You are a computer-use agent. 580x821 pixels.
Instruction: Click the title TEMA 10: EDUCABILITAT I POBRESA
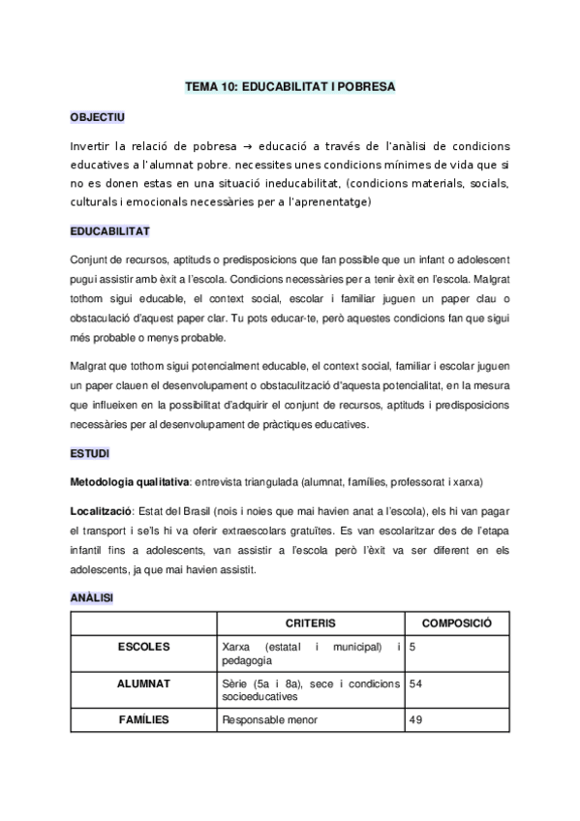point(290,86)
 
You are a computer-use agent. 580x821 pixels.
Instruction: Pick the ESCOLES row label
point(143,646)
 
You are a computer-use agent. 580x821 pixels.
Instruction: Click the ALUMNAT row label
point(143,683)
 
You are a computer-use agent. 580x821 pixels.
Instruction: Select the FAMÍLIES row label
point(143,719)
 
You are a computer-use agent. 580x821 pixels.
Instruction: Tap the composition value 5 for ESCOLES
point(413,646)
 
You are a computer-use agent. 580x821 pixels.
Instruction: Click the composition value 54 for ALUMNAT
point(416,683)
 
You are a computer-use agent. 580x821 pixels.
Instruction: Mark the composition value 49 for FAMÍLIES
point(416,719)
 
